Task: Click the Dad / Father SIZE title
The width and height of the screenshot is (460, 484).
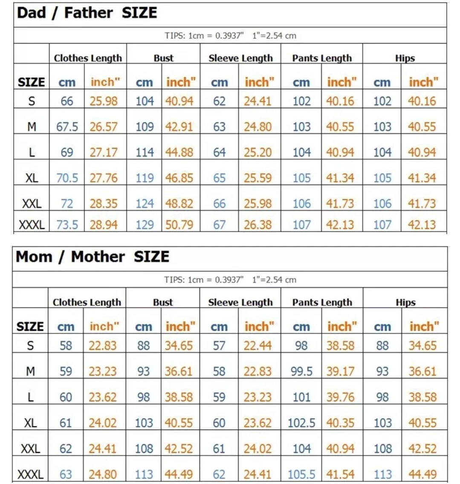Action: [87, 13]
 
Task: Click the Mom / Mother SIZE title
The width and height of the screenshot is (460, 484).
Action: [93, 257]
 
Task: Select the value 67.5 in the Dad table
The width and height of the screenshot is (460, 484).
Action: [67, 127]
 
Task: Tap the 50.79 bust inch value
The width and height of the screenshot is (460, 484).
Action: [179, 224]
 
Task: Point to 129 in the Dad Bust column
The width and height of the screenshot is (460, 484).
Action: [145, 224]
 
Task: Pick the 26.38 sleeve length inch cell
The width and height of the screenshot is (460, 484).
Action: [257, 224]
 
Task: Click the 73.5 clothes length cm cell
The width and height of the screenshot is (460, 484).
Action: [67, 224]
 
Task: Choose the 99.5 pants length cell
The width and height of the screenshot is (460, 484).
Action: [301, 371]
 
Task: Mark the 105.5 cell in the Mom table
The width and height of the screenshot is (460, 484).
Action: [301, 474]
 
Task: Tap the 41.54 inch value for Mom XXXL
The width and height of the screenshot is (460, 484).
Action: [340, 474]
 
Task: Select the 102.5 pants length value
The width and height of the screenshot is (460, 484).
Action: [301, 423]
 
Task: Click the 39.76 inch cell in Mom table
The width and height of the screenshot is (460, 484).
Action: [340, 397]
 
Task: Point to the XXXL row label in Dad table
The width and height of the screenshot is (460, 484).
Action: [32, 224]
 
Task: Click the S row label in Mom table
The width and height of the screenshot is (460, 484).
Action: [30, 345]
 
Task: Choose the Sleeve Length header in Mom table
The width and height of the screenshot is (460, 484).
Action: [240, 302]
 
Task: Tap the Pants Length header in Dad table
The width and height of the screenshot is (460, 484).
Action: [322, 58]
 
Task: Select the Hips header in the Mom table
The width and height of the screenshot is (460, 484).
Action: [405, 302]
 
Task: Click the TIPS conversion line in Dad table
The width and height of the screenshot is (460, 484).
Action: [230, 36]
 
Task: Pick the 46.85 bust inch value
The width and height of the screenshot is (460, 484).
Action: [179, 178]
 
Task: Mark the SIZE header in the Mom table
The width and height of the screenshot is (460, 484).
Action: [30, 327]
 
